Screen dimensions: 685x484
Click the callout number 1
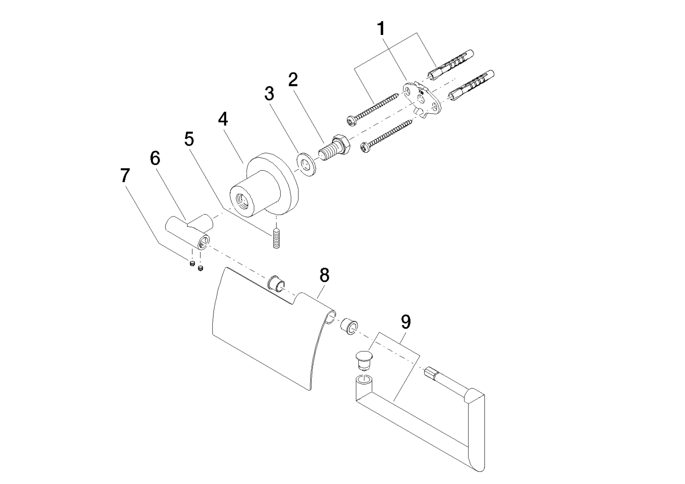[x=381, y=29]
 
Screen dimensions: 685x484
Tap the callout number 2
[x=292, y=80]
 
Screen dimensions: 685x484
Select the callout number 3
[x=269, y=94]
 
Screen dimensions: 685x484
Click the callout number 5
[x=189, y=139]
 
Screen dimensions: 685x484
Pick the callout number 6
[x=155, y=158]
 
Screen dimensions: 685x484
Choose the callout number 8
[x=324, y=275]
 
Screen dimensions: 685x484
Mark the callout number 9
[x=406, y=322]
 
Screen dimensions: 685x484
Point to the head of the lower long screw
[x=366, y=147]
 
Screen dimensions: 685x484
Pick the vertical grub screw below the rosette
[x=276, y=238]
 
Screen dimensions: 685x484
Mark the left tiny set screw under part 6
[x=192, y=263]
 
